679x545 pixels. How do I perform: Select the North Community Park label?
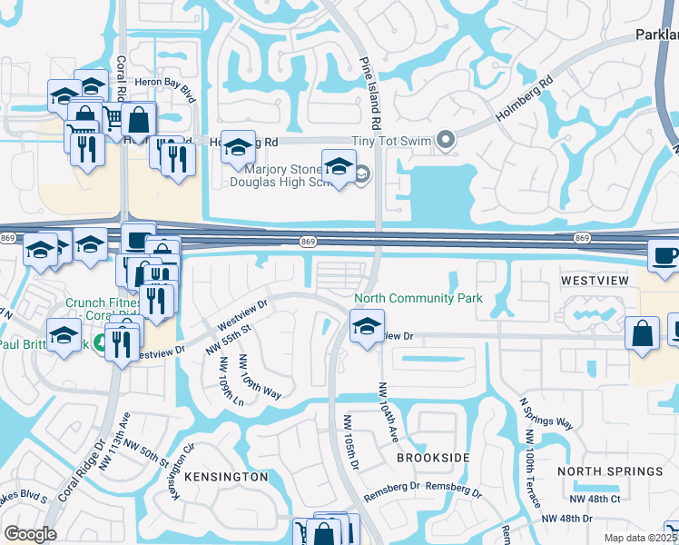click(x=418, y=298)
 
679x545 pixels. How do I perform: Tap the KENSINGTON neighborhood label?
click(x=226, y=476)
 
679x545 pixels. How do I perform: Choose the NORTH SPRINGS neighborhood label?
click(x=609, y=471)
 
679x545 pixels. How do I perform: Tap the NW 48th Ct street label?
click(x=595, y=500)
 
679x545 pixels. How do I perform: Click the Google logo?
click(x=30, y=534)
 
